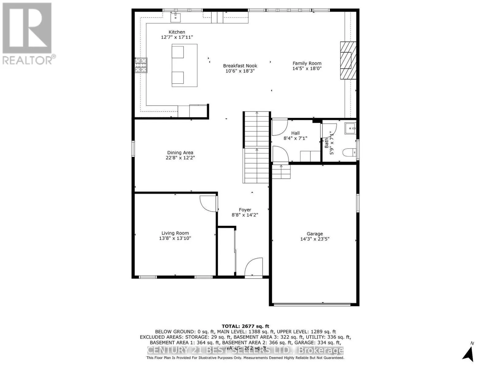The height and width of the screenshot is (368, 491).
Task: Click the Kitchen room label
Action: pos(177,32)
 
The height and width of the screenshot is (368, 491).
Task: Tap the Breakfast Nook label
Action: pos(240,66)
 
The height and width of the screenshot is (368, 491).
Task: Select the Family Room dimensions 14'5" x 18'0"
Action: pos(307,68)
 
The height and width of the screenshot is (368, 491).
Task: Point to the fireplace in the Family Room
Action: pos(348,61)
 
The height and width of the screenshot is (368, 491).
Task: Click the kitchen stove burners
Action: pos(141,65)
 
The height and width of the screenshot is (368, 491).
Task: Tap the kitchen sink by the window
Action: pos(176,17)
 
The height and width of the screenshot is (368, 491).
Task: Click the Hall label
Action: pos(296,133)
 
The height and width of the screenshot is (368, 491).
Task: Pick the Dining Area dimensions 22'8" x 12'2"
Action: pos(180,158)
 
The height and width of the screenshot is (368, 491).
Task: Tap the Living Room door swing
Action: pos(208,203)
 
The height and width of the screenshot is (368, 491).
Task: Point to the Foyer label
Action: pos(245,210)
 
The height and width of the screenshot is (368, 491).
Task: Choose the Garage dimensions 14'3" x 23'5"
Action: pos(315,239)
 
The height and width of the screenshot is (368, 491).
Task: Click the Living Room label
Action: pos(175,233)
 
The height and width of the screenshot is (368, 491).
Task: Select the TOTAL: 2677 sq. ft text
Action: pos(245,326)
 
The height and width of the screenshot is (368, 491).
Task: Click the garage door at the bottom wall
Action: pos(312,305)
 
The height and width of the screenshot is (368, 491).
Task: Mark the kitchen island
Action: pos(184,65)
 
